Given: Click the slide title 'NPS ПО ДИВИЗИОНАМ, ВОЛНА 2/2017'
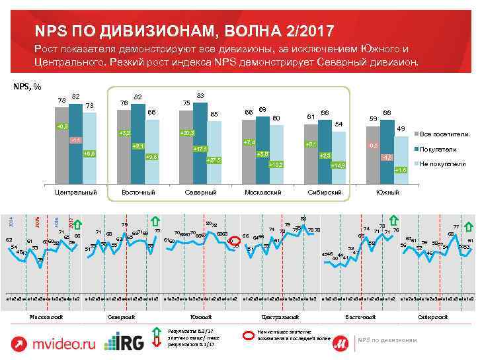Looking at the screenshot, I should [184, 31].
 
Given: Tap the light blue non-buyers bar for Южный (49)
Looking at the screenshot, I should [401, 156].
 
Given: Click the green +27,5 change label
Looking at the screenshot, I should [214, 160].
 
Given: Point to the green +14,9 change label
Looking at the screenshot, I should [338, 165].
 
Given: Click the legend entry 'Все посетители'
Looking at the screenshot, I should [443, 134].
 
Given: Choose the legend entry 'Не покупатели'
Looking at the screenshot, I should [442, 163].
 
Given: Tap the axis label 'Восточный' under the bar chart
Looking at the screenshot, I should [138, 193].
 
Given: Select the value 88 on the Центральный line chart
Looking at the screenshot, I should [303, 219].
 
